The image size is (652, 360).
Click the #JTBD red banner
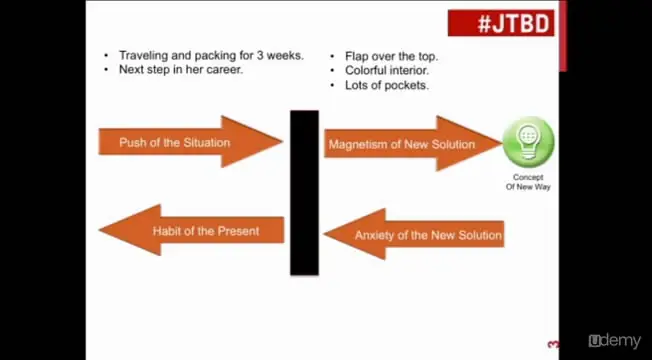coord(501,23)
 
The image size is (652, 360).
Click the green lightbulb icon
coord(528,142)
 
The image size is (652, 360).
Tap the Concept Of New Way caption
coord(528,182)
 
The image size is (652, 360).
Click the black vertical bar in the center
coord(304,192)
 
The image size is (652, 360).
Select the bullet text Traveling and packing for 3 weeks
coord(211,56)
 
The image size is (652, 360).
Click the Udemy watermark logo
coord(614,340)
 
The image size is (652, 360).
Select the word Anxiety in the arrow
coord(376,236)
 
